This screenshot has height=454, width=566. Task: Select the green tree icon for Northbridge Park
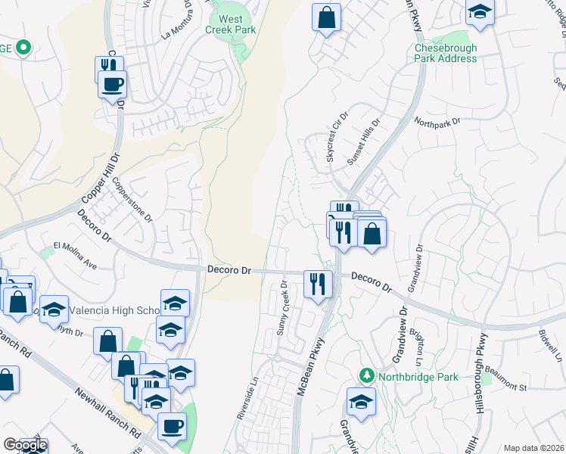366,375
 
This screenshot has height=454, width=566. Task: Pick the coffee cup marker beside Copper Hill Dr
113,84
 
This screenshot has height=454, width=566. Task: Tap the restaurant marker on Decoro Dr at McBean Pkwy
318,285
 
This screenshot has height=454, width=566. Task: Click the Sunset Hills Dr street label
362,141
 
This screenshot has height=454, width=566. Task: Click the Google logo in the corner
25,445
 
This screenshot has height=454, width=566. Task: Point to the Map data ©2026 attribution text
533,448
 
